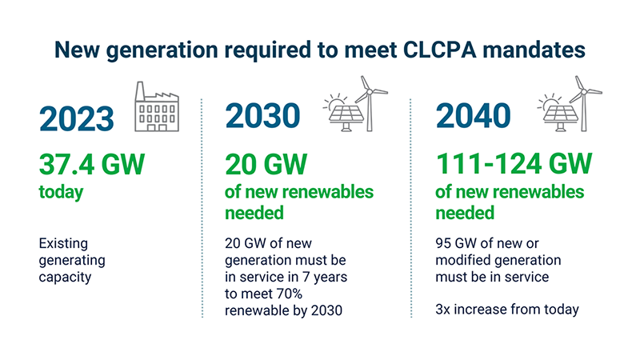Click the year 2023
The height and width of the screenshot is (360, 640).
pos(77,118)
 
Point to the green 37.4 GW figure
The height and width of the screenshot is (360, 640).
pos(91,166)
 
